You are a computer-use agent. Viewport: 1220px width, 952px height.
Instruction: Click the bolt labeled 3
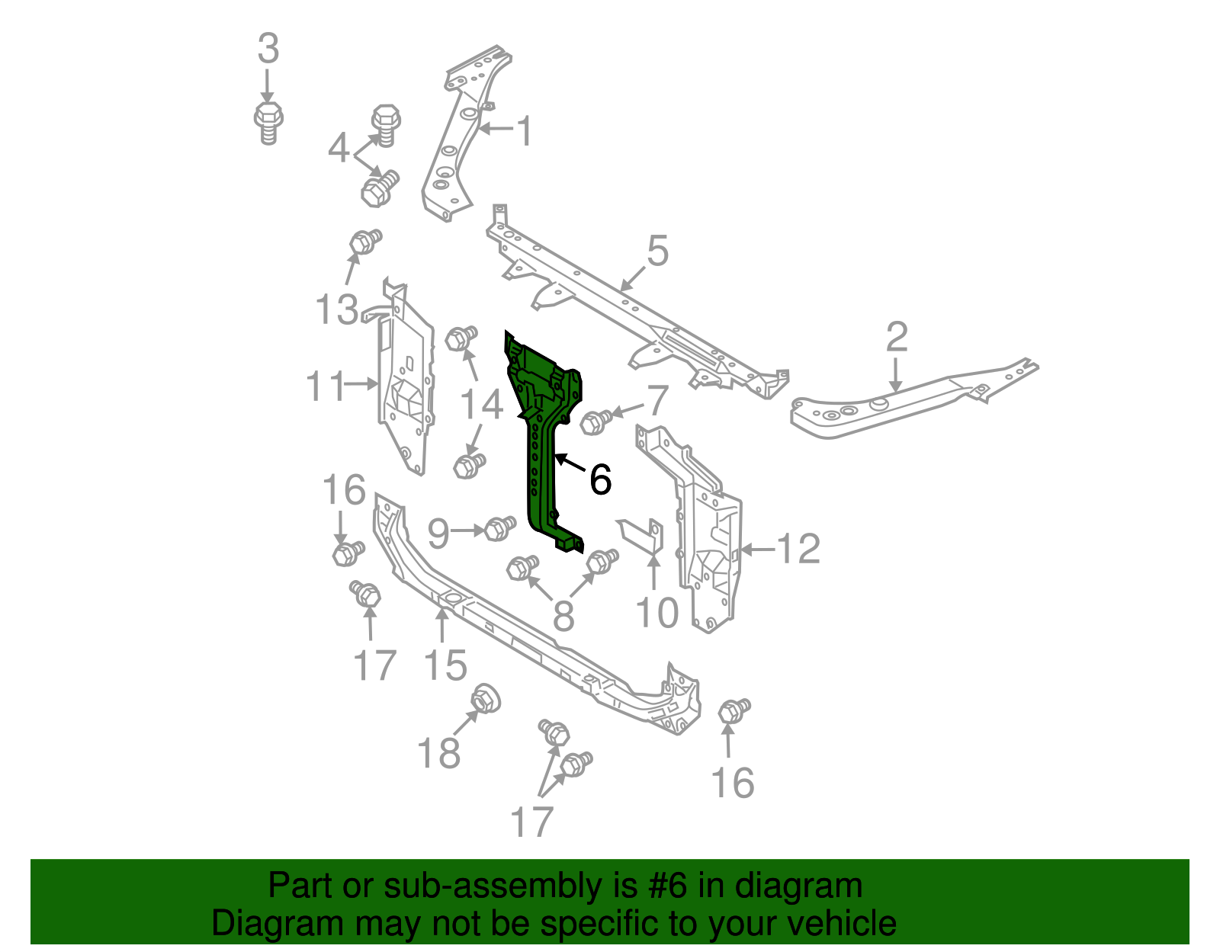tap(268, 122)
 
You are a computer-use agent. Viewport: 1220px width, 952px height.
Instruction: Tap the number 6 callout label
tap(601, 480)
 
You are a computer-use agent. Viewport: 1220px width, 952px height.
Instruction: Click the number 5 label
tap(657, 252)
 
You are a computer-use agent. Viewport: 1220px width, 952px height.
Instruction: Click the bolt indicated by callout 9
tap(499, 527)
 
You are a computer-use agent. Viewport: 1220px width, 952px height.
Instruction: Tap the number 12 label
tap(798, 549)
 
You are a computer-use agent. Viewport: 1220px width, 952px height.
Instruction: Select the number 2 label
tap(897, 337)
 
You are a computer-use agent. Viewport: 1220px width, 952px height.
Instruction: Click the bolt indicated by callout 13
tap(365, 242)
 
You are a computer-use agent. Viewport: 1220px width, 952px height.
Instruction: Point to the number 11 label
tap(326, 386)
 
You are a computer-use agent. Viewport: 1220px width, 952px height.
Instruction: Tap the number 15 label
tap(445, 665)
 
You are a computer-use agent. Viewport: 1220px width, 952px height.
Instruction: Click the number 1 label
tap(525, 131)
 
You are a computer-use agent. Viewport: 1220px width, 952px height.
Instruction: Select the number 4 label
tap(339, 148)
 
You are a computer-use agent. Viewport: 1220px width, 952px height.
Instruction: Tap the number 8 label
tap(563, 616)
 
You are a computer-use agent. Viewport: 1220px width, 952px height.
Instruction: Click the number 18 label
tap(439, 753)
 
